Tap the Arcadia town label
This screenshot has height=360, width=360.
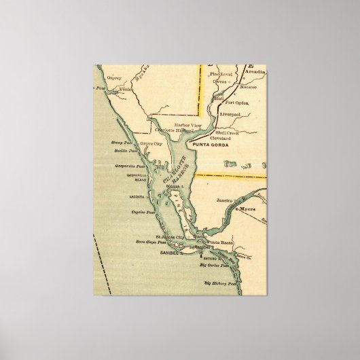point(252,70)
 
